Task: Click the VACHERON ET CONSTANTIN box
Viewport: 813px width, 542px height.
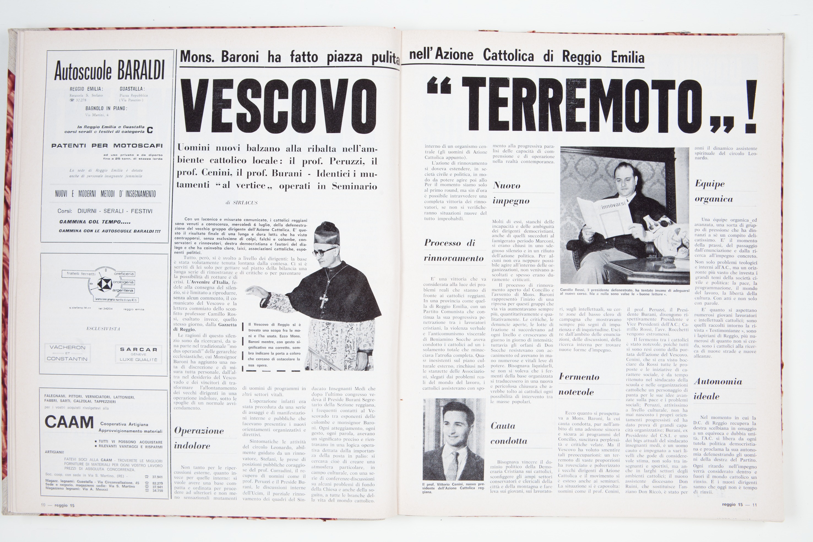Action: pyautogui.click(x=67, y=353)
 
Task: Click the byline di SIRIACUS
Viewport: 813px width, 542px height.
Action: pyautogui.click(x=242, y=203)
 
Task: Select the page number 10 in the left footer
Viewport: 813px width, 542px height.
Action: pyautogui.click(x=43, y=505)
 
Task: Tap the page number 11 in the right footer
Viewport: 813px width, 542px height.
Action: pyautogui.click(x=755, y=505)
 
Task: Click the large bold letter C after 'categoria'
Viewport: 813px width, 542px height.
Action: pyautogui.click(x=150, y=130)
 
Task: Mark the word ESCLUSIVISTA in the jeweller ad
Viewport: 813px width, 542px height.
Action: pyautogui.click(x=103, y=329)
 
